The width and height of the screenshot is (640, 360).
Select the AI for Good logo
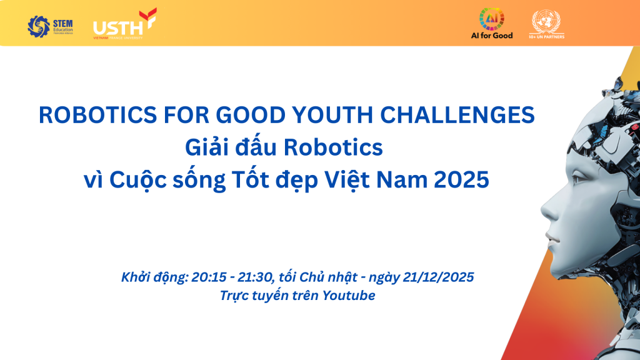pyautogui.click(x=491, y=24)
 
